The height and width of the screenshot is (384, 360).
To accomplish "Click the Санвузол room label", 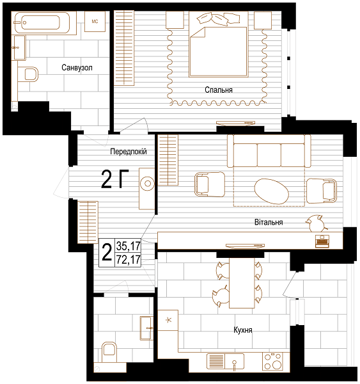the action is click(x=77, y=68).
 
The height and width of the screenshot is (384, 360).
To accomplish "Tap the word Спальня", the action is click(x=219, y=90).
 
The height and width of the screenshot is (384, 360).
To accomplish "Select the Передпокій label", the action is click(x=129, y=151).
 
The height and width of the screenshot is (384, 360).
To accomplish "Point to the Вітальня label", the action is click(x=269, y=222).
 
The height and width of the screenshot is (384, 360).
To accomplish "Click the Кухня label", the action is click(x=243, y=330).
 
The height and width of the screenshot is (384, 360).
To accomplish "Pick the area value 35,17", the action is click(x=129, y=246).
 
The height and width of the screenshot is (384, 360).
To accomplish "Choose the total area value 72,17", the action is click(x=129, y=259).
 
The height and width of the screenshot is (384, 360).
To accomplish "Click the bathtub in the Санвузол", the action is click(x=42, y=22).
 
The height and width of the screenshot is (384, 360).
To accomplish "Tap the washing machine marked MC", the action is click(x=95, y=22).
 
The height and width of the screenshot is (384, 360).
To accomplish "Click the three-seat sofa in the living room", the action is click(x=269, y=151).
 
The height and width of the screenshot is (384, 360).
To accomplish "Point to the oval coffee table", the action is click(x=272, y=191).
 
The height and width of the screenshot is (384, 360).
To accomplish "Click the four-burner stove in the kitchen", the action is click(x=273, y=361).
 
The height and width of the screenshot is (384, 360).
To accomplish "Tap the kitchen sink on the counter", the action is click(x=225, y=361).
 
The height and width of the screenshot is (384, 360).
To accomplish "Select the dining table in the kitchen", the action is click(x=242, y=283).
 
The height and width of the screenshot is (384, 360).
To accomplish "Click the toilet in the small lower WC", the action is click(x=109, y=352).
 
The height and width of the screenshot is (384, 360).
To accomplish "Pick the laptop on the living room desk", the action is click(x=322, y=241).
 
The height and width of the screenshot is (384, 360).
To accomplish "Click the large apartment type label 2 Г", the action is click(x=115, y=179).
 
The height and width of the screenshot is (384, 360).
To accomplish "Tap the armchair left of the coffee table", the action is click(x=210, y=184).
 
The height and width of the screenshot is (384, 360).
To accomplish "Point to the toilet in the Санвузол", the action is click(x=28, y=74).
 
